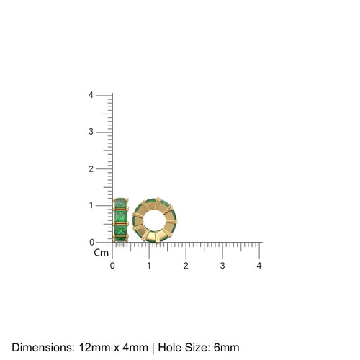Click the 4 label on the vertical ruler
point(90,95)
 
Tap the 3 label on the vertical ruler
point(90,132)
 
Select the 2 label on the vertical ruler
point(90,168)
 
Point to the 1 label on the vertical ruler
point(90,205)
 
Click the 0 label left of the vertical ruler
point(90,242)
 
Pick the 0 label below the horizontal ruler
point(112,266)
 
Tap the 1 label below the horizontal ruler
point(149,266)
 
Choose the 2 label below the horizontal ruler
point(186,266)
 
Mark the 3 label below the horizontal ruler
point(222,266)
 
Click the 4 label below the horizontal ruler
point(259,266)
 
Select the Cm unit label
point(100,253)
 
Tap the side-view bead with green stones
point(121,221)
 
